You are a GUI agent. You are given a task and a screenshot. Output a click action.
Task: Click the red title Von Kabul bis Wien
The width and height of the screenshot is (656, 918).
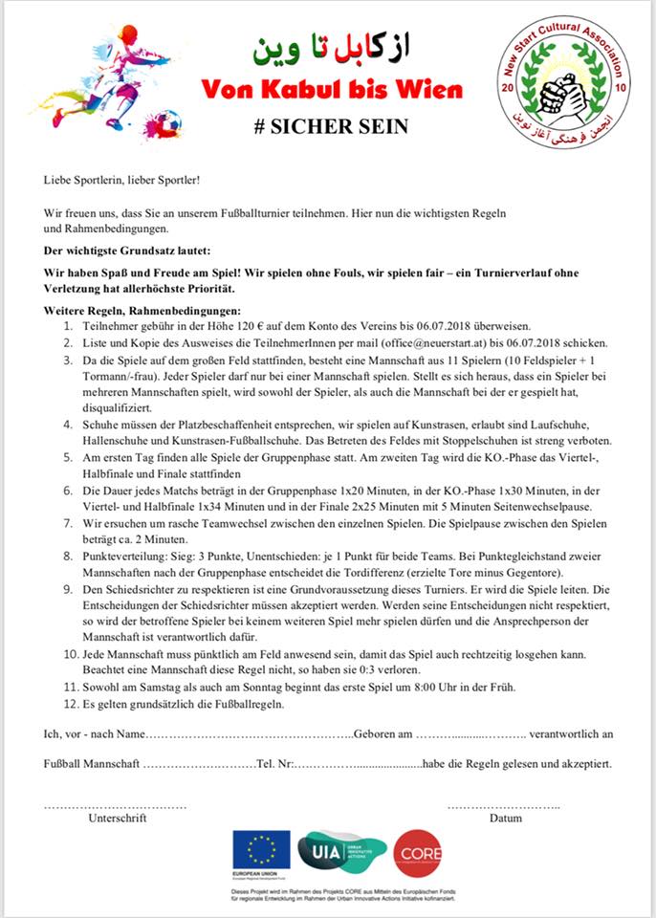331,91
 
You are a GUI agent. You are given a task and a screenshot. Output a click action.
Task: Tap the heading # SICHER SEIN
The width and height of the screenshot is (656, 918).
331,126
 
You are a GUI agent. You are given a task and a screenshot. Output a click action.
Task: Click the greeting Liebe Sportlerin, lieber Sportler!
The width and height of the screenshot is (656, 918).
122,180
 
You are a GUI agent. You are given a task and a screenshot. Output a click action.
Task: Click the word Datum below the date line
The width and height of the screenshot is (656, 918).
505,819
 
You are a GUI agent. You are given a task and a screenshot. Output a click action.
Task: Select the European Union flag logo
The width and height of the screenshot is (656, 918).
262,850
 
